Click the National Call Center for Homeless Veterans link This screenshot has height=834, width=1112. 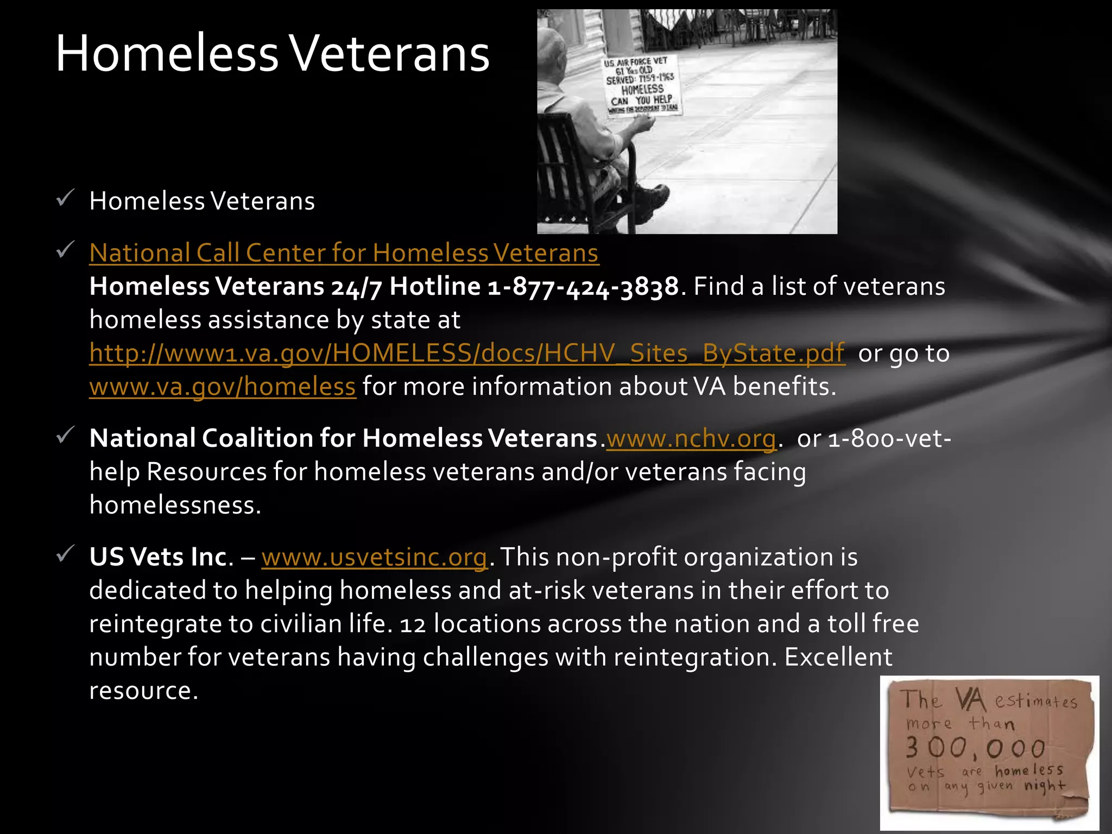(x=344, y=253)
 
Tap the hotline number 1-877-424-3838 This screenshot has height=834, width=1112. (x=583, y=287)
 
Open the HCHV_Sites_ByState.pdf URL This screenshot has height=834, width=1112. (x=467, y=353)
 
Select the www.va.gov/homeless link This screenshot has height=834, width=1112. (x=222, y=387)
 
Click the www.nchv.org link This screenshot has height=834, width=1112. (x=691, y=439)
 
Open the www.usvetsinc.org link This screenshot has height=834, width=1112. (x=374, y=558)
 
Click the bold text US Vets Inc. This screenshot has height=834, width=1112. (x=161, y=558)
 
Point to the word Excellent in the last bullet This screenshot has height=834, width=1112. (x=838, y=658)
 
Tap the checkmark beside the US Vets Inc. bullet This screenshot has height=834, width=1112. (x=65, y=554)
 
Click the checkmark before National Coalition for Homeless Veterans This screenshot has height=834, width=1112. (x=65, y=435)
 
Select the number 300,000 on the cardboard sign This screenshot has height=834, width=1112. (x=975, y=749)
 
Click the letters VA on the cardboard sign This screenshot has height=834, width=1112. (x=970, y=700)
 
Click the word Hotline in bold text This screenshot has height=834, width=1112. (x=435, y=287)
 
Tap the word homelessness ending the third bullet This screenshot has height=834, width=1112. (x=175, y=506)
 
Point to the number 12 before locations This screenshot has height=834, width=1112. (x=413, y=624)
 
